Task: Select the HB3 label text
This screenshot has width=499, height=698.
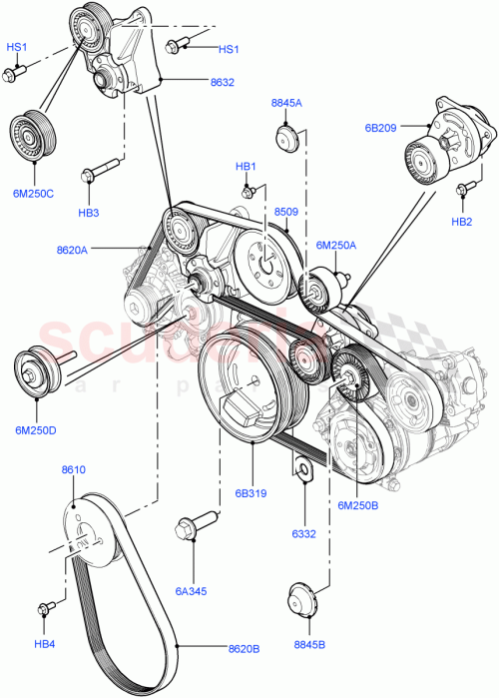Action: (x=89, y=213)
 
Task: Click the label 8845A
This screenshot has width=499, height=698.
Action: (x=286, y=103)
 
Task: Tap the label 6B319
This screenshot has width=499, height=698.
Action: (x=251, y=492)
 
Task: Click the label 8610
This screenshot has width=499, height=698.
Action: (x=73, y=468)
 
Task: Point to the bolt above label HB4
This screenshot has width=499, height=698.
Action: (x=47, y=609)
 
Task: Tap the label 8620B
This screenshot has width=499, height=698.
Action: (x=244, y=648)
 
